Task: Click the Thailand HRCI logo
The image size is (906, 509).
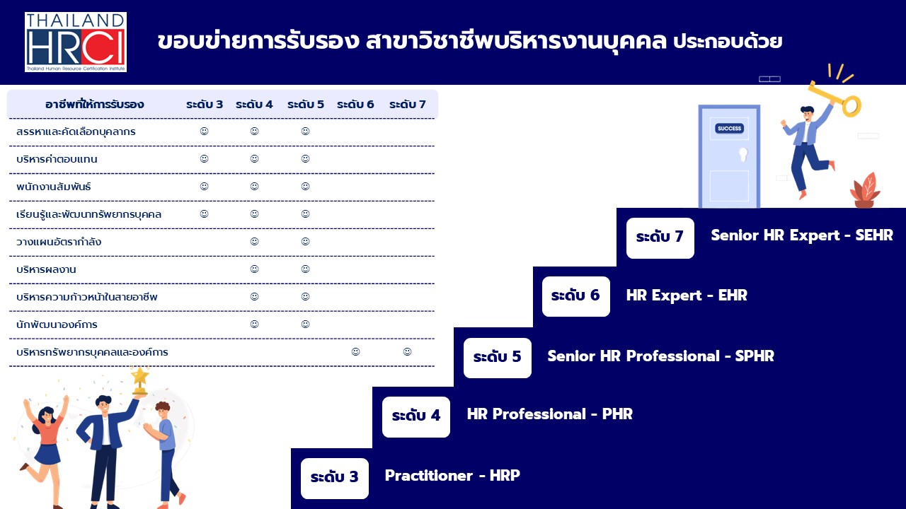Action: pos(76,42)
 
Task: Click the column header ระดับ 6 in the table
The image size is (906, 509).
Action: pos(355,104)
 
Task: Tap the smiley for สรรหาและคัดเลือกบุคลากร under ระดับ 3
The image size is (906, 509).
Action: pos(205,131)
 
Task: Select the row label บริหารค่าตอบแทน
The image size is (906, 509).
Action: pos(57,159)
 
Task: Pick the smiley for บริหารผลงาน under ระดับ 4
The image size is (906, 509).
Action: pos(254,269)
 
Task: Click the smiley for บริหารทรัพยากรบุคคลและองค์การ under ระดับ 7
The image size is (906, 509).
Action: pos(407,352)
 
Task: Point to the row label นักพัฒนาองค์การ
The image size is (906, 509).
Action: pos(57,324)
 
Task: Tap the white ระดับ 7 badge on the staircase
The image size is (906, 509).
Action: pos(660,238)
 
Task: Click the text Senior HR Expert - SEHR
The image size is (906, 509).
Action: pos(802,235)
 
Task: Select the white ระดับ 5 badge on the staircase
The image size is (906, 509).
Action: pos(498,358)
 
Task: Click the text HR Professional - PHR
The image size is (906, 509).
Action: pos(550,414)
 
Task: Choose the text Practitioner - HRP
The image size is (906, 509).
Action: pos(452,476)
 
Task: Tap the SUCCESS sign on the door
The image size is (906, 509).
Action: pos(729,129)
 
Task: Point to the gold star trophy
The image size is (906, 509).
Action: pos(140,380)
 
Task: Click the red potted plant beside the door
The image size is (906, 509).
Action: pos(865,191)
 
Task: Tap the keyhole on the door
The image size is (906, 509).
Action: pos(743,155)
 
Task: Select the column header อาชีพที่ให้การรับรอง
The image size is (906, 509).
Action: pos(94,104)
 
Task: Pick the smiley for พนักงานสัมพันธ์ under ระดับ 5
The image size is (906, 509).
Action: pos(305,186)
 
